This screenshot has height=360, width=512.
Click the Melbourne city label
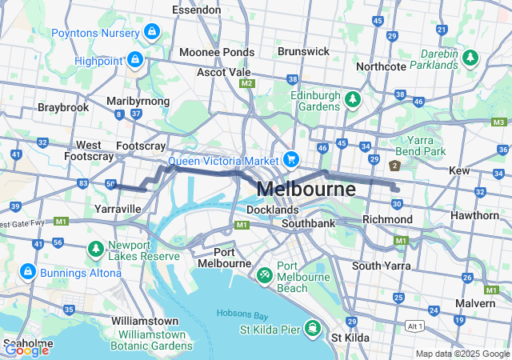tap(307, 190)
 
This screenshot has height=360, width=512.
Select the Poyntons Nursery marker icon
tap(152, 32)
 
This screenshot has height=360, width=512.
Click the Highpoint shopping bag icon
tap(135, 60)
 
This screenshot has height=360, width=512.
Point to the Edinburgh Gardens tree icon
tap(353, 98)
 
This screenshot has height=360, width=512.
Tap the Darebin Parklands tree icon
tap(470, 58)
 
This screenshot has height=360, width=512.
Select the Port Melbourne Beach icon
tap(265, 273)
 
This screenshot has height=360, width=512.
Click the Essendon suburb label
tap(196, 10)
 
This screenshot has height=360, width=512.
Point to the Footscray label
tap(141, 146)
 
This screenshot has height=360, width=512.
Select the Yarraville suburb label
tap(118, 209)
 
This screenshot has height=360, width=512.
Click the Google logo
tap(27, 349)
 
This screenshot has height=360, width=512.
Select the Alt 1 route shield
tap(413, 326)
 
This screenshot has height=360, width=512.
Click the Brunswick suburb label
tap(303, 51)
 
